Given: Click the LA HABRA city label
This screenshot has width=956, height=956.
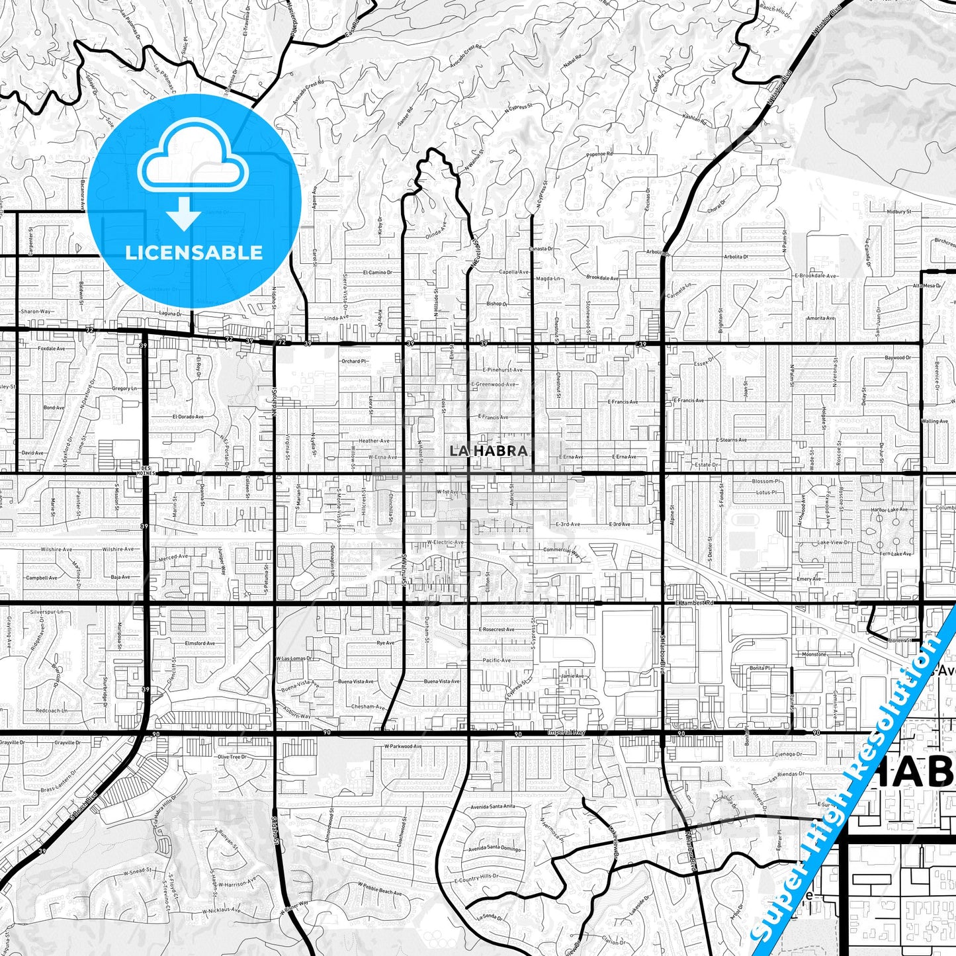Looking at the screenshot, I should click(x=488, y=451).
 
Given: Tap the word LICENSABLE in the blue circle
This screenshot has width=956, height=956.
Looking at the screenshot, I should click(x=194, y=252).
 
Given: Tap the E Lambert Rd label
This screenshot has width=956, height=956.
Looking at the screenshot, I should click(x=697, y=603).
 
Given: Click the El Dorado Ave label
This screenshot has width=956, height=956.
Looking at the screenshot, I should click(x=188, y=417).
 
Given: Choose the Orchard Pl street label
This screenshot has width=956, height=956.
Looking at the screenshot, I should click(x=354, y=361).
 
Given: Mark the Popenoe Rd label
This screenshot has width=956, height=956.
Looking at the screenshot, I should click(x=600, y=154).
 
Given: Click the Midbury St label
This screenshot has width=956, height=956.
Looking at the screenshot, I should click(x=899, y=211).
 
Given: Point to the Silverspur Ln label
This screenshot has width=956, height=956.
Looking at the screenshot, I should click(x=51, y=612).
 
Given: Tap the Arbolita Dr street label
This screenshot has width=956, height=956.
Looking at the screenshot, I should click(x=736, y=257).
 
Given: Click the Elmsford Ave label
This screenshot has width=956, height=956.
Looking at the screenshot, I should click(x=200, y=642).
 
